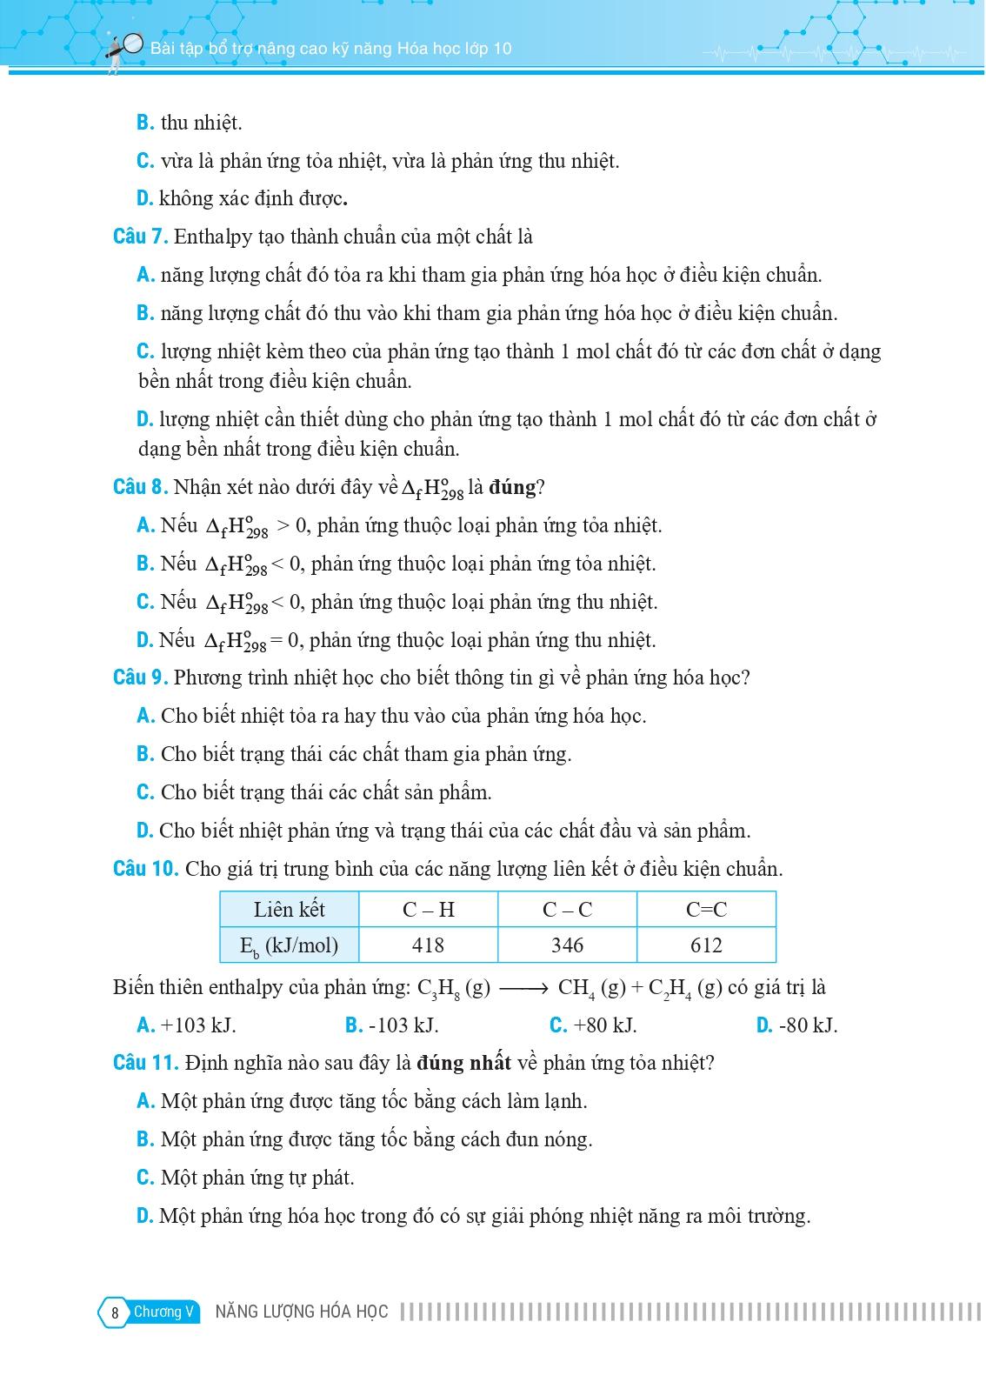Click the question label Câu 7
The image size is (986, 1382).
coord(141,237)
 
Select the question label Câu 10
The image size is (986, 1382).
coord(145,869)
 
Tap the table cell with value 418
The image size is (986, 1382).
coord(428,945)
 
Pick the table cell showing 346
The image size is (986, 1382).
coord(567,945)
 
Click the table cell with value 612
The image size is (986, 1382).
coord(705,945)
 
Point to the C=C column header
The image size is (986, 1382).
coord(705,910)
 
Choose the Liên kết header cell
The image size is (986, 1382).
coord(289,910)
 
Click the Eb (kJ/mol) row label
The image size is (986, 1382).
coord(289,945)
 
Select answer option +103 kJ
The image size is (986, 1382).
coord(198,1025)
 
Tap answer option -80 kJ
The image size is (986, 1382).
coord(808,1025)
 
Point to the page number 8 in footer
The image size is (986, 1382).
coord(114,1312)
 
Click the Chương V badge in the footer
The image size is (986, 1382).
coord(163,1312)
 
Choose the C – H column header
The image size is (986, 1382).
coord(428,910)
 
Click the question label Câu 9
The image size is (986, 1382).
coord(141,678)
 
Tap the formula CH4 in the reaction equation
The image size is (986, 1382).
coord(576,988)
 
